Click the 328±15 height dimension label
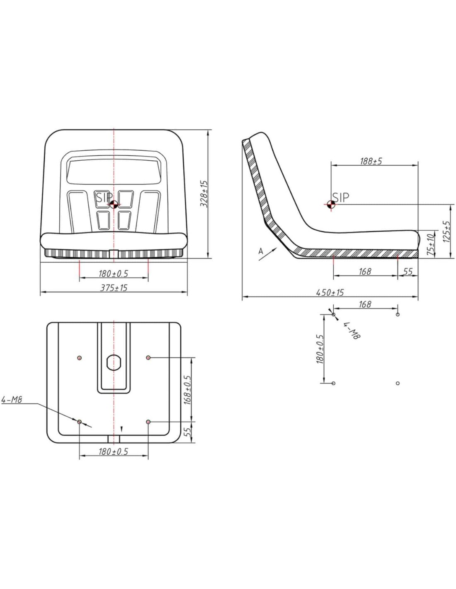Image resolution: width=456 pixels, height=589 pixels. [x=204, y=194]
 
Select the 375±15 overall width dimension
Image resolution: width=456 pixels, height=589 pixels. [x=114, y=287]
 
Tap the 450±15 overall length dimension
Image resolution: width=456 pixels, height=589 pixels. [x=330, y=292]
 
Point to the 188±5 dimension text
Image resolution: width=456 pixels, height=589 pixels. [x=371, y=161]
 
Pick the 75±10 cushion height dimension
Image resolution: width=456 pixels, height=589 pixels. [x=430, y=244]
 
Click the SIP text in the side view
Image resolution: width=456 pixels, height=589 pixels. [x=341, y=198]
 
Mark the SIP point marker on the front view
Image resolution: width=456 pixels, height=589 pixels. [x=114, y=204]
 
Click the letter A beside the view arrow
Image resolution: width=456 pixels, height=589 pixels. [x=261, y=251]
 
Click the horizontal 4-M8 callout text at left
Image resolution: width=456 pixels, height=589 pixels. [x=12, y=400]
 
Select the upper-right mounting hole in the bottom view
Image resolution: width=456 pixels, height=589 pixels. [x=148, y=358]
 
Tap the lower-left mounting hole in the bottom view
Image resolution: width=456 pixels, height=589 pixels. [x=79, y=422]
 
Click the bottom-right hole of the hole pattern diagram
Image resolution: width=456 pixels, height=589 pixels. [x=398, y=383]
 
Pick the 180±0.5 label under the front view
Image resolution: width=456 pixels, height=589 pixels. [x=113, y=274]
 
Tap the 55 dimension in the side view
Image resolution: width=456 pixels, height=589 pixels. [x=408, y=271]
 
